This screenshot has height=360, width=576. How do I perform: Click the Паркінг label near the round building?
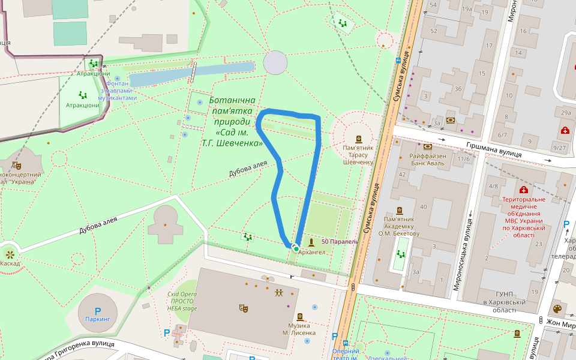98,320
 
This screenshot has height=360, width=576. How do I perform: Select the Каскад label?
10,263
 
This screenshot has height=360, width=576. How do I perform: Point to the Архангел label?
311,252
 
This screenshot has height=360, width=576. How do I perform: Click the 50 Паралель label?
340,241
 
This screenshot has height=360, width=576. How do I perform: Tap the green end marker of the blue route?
296,248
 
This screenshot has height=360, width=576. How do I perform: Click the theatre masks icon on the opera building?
243,308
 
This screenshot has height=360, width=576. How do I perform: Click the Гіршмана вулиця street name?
493,150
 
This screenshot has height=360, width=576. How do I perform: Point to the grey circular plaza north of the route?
275,63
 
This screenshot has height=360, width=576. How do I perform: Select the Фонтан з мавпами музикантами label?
118,91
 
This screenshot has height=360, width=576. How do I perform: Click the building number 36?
458,89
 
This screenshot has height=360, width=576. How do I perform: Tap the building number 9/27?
560,148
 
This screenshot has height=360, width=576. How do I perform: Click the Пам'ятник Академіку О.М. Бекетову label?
400,226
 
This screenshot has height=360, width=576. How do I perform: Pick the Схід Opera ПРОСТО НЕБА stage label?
182,301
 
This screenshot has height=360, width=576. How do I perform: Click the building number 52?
433,31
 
